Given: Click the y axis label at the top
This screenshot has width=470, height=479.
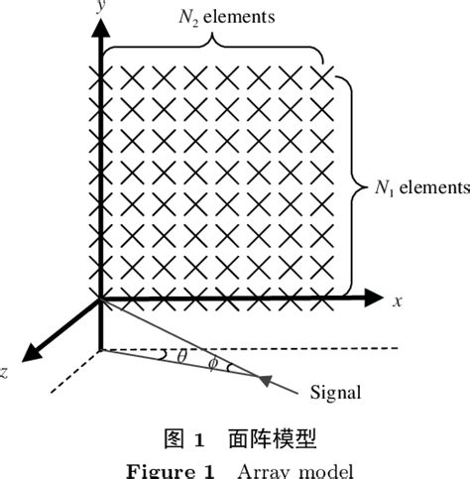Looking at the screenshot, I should click(101, 7).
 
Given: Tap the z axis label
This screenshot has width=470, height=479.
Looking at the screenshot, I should click(5, 373).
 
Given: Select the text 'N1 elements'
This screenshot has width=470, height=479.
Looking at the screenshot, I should click(419, 186).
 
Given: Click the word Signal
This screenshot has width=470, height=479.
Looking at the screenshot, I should click(337, 392).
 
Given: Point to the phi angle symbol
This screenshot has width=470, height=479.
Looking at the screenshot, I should click(211, 364).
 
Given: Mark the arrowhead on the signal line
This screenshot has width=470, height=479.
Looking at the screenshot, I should click(264, 378).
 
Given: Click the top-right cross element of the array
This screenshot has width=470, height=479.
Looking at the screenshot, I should click(323, 76).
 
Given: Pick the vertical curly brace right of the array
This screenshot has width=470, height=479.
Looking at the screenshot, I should click(352, 184).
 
